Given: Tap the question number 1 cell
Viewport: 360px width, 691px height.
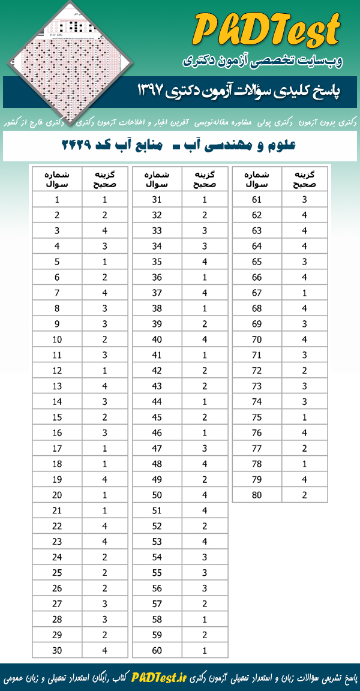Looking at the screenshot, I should click(x=56, y=200).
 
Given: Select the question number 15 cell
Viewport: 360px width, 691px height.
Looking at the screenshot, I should click(x=56, y=417).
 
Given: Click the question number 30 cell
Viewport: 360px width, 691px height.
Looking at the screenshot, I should click(x=56, y=650).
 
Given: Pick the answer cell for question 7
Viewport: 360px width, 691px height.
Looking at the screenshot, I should click(x=104, y=293).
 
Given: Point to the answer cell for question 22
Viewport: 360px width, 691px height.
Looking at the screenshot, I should click(x=104, y=525).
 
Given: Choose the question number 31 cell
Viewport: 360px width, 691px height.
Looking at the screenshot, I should click(x=157, y=200).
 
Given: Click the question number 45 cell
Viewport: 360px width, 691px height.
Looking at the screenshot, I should click(x=157, y=417).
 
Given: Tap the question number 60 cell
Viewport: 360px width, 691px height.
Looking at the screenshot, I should click(x=157, y=650).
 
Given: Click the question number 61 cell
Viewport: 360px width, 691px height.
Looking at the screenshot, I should click(x=257, y=200).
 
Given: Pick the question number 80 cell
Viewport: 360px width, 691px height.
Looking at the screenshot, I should click(x=257, y=495).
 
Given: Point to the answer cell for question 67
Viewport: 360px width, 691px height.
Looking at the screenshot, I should click(x=304, y=293).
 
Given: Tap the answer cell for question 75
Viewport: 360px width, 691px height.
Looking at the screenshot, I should click(x=304, y=417).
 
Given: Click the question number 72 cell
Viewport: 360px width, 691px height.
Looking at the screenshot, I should click(x=257, y=371).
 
